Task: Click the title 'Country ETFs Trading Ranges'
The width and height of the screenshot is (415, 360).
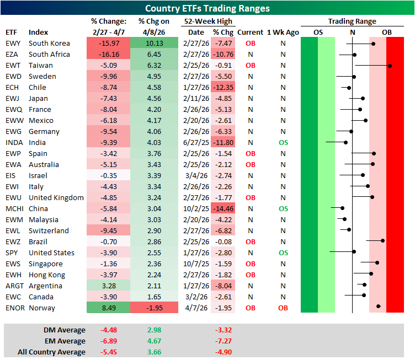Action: click(208, 8)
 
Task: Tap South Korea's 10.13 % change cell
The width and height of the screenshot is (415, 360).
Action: click(155, 43)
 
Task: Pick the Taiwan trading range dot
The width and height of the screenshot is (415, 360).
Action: click(390, 66)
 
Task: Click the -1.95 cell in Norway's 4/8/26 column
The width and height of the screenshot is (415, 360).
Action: click(155, 308)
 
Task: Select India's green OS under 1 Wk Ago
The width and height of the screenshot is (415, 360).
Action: click(283, 142)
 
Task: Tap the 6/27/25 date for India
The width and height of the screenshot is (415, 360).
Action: click(196, 142)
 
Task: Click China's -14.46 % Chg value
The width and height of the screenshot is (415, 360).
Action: click(224, 208)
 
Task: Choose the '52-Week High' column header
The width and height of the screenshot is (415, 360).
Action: click(208, 21)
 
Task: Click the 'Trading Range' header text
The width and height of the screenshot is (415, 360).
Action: click(352, 21)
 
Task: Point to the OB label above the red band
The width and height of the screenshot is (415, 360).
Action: click(387, 32)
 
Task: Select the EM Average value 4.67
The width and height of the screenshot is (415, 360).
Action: click(155, 341)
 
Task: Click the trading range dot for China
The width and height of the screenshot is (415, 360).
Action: click(342, 208)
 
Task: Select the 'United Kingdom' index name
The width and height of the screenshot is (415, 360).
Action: click(56, 197)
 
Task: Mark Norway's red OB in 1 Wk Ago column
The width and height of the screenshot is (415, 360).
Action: click(283, 308)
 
